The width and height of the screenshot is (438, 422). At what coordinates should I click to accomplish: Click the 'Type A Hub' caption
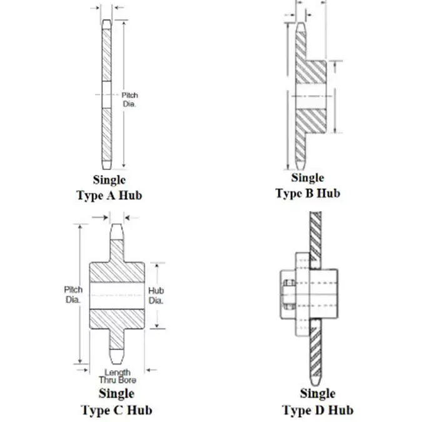coord(109,195)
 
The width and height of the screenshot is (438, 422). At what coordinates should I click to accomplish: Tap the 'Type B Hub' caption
coord(308,193)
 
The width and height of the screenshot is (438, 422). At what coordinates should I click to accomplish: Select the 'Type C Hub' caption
coord(117,410)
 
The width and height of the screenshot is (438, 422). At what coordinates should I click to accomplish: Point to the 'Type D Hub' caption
coord(318,410)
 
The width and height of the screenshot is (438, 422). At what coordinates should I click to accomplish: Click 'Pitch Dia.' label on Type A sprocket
coord(130,99)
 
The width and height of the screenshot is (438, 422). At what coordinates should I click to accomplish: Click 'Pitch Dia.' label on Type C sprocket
coord(73,294)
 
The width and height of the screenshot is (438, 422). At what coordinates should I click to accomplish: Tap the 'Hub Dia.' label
coord(156,296)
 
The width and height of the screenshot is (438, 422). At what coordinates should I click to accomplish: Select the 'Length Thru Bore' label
coord(118,376)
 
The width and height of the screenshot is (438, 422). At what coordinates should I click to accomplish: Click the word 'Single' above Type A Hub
coord(109,180)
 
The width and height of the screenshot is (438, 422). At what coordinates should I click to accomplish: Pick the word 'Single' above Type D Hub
coord(318,394)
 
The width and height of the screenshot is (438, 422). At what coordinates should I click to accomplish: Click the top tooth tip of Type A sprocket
coord(106,20)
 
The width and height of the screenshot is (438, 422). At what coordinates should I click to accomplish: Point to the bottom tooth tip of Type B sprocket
coord(300,169)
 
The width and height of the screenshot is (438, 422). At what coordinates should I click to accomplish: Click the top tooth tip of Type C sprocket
coord(116,224)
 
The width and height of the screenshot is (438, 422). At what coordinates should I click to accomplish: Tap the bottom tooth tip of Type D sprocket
coord(315,384)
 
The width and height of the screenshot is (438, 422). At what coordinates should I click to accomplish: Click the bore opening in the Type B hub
coord(310,96)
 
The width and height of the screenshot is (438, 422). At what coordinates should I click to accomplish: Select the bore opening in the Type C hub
coord(117,296)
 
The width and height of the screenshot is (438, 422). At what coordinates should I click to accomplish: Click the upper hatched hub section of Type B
coord(310,72)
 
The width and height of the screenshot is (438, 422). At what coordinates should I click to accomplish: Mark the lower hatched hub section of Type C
coord(117,319)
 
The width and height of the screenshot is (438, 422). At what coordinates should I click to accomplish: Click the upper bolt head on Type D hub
coord(289,283)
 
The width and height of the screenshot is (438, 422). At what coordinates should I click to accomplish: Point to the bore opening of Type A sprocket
coord(106,95)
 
